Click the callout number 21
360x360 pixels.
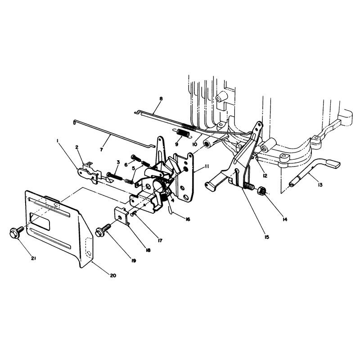[33, 258]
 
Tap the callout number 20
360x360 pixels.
[113, 275]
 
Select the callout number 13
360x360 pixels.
[320, 184]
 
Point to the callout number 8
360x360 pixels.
[161, 99]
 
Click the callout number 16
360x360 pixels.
[188, 219]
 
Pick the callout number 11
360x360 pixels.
[207, 166]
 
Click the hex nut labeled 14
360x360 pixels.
[261, 190]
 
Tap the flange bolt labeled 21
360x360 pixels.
[17, 231]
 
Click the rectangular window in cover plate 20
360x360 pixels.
[40, 221]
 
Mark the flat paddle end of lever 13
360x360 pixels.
[333, 163]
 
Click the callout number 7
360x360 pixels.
[101, 150]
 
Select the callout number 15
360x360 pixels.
[266, 237]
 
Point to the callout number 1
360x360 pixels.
[58, 141]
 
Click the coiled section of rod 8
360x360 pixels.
[189, 127]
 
